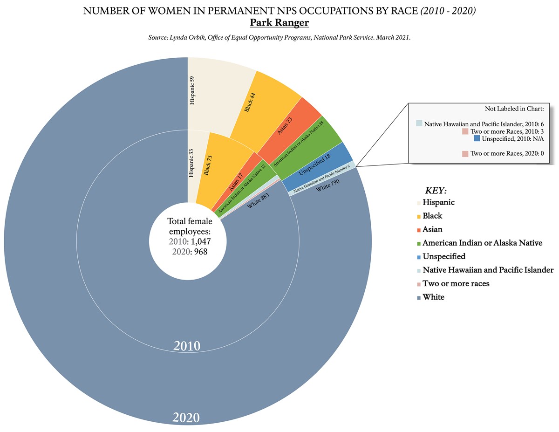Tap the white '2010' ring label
coord(187,346)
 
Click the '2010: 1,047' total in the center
coord(188,242)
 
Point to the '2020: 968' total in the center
coord(188,252)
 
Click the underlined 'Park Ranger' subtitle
coord(279,23)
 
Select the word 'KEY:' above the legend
coord(436,191)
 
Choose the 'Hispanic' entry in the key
coord(438,203)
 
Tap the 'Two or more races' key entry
coord(456,283)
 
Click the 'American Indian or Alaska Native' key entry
coord(482,243)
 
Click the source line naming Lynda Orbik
coord(279,37)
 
